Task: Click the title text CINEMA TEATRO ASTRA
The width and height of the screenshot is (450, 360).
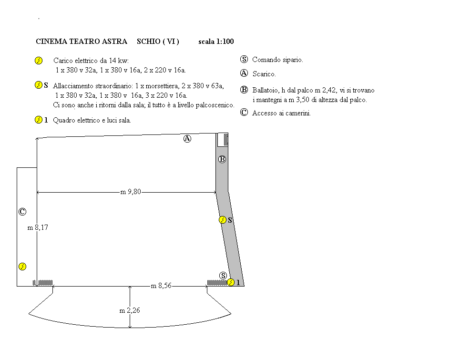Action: pyautogui.click(x=82, y=41)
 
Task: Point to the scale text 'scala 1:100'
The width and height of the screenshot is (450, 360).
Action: pyautogui.click(x=216, y=41)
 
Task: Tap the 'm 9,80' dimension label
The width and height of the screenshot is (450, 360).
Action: pyautogui.click(x=131, y=192)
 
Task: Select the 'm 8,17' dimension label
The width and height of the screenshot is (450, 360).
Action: pyautogui.click(x=38, y=227)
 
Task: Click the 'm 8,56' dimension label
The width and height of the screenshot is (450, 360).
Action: pyautogui.click(x=161, y=286)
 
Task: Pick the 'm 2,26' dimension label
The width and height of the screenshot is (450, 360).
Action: pyautogui.click(x=130, y=310)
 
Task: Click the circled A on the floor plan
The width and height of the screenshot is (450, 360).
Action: pyautogui.click(x=187, y=139)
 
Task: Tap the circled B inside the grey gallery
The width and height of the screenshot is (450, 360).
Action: pyautogui.click(x=222, y=159)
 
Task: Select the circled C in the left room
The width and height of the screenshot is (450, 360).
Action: pyautogui.click(x=22, y=212)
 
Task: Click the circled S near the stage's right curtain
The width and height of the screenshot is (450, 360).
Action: pyautogui.click(x=223, y=276)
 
